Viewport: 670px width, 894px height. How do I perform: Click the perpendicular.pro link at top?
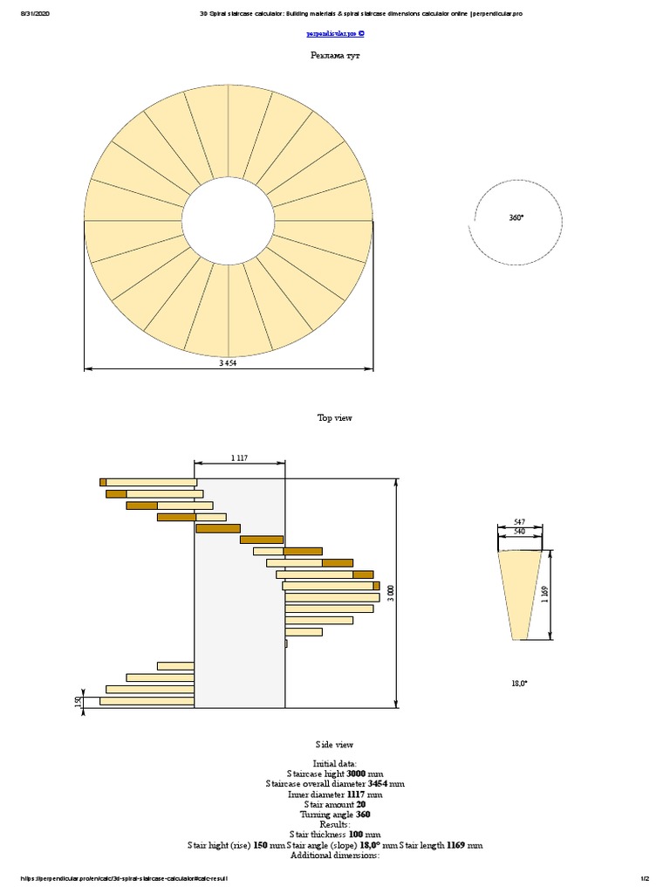tap(335, 34)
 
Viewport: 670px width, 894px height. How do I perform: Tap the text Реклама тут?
tap(335, 55)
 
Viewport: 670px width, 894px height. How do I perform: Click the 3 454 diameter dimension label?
tap(229, 363)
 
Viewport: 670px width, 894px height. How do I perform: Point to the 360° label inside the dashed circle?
tap(516, 217)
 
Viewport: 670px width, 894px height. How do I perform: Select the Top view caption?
tap(335, 418)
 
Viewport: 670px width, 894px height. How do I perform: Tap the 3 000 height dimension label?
tap(391, 594)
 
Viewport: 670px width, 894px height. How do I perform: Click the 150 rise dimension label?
tap(79, 701)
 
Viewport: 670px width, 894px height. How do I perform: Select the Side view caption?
tap(335, 745)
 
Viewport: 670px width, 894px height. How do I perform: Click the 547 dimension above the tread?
tap(520, 521)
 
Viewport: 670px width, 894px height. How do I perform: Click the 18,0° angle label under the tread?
tap(519, 684)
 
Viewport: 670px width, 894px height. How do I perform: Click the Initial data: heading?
tap(335, 763)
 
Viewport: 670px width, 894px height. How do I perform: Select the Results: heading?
tap(335, 824)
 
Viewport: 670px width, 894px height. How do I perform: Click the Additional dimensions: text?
tap(335, 856)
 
